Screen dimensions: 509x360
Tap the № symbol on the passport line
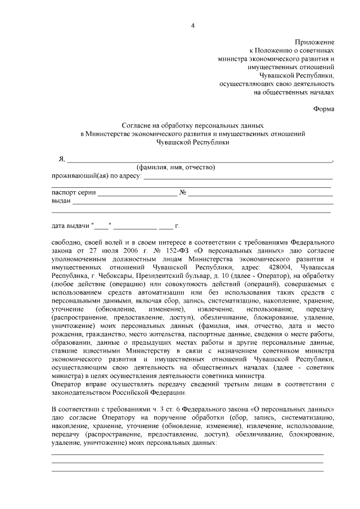click(183, 193)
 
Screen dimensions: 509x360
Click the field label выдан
click(61, 201)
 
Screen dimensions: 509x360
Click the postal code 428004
click(274, 267)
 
